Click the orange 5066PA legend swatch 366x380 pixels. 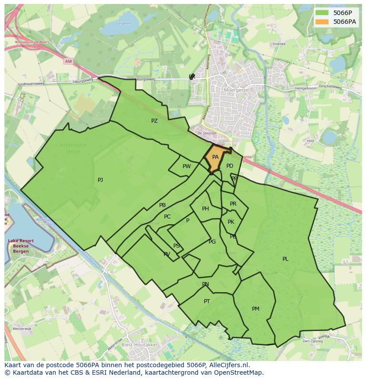pyautogui.click(x=323, y=22)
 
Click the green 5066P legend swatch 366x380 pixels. pyautogui.click(x=323, y=13)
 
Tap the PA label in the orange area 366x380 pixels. pyautogui.click(x=215, y=157)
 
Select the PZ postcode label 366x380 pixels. pyautogui.click(x=154, y=121)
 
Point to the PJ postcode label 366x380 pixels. pyautogui.click(x=100, y=180)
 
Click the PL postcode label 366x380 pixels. pyautogui.click(x=285, y=259)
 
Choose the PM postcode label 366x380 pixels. pyautogui.click(x=255, y=309)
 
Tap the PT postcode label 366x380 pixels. pyautogui.click(x=207, y=301)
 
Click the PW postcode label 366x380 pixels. pyautogui.click(x=187, y=166)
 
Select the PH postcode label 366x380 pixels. pyautogui.click(x=206, y=209)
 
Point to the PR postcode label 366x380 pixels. pyautogui.click(x=233, y=204)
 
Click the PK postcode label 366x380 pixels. pyautogui.click(x=231, y=222)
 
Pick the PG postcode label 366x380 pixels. pyautogui.click(x=212, y=242)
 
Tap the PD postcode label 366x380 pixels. pyautogui.click(x=229, y=166)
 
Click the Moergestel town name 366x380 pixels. pyautogui.click(x=237, y=90)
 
